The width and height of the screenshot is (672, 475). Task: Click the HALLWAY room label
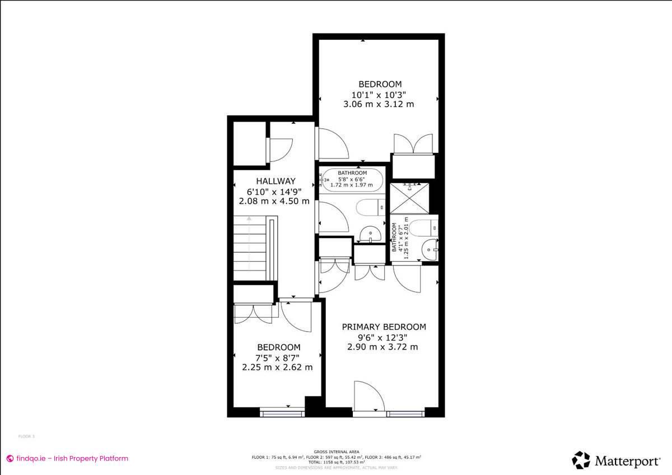click(x=276, y=181)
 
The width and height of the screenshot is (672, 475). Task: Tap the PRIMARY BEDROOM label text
click(x=384, y=327)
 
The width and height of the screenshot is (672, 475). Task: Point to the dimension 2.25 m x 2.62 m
click(x=277, y=367)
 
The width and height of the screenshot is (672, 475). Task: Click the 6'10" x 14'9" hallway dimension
click(x=274, y=191)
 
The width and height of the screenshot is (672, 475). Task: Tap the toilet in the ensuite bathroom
click(x=423, y=227)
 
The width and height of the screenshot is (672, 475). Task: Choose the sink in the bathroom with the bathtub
click(x=368, y=233)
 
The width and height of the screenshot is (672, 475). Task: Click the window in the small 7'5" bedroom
click(x=283, y=414)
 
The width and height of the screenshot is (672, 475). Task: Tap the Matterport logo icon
click(x=581, y=460)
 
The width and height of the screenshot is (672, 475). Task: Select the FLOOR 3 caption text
click(x=27, y=436)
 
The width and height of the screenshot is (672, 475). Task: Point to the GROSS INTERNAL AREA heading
click(x=336, y=451)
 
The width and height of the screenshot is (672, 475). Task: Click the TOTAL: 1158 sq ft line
click(x=336, y=462)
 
